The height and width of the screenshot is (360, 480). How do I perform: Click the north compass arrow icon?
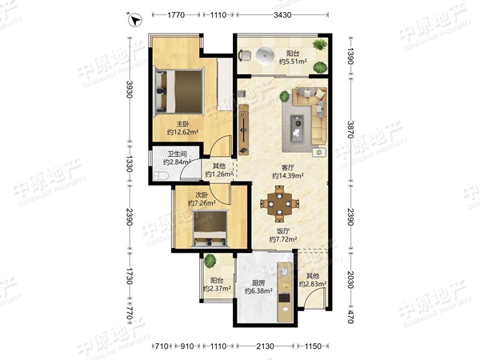(134, 20)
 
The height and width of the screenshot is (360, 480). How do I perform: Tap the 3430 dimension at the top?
(282, 14)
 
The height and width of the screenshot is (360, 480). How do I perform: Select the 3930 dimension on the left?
(130, 90)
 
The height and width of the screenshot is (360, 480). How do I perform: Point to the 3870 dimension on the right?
(351, 130)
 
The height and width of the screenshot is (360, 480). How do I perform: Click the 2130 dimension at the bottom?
(265, 346)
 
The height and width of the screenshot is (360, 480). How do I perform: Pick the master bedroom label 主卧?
(182, 124)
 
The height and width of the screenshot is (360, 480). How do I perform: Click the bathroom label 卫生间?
(177, 154)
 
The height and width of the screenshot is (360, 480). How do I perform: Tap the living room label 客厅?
(288, 168)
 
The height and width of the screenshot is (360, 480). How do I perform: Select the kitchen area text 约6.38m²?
(258, 291)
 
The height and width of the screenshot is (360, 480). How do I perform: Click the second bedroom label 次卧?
(202, 195)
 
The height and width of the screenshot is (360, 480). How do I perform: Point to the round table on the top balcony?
(264, 56)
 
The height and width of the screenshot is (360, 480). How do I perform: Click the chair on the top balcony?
(245, 55)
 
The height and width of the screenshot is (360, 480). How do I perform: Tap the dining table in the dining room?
(279, 203)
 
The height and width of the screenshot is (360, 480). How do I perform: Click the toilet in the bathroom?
(161, 176)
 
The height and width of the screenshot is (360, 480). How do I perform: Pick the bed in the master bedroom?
(179, 91)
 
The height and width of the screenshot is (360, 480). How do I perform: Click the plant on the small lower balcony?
(210, 261)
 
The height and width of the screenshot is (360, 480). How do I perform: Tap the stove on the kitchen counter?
(284, 298)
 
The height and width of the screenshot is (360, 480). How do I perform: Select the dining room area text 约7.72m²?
(283, 239)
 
